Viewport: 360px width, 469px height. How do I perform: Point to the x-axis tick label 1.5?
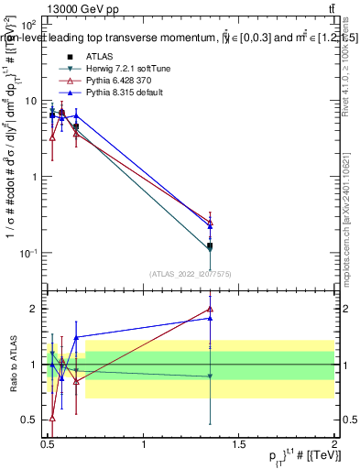click(x=239, y=444)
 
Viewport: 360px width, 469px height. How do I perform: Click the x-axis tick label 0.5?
click(x=49, y=444)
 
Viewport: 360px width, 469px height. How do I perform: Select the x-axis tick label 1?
click(x=144, y=444)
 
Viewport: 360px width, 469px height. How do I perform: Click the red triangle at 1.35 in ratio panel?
click(x=211, y=310)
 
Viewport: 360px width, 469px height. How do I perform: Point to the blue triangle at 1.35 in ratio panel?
click(x=211, y=318)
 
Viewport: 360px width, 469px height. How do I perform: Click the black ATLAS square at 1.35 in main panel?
click(x=211, y=245)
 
